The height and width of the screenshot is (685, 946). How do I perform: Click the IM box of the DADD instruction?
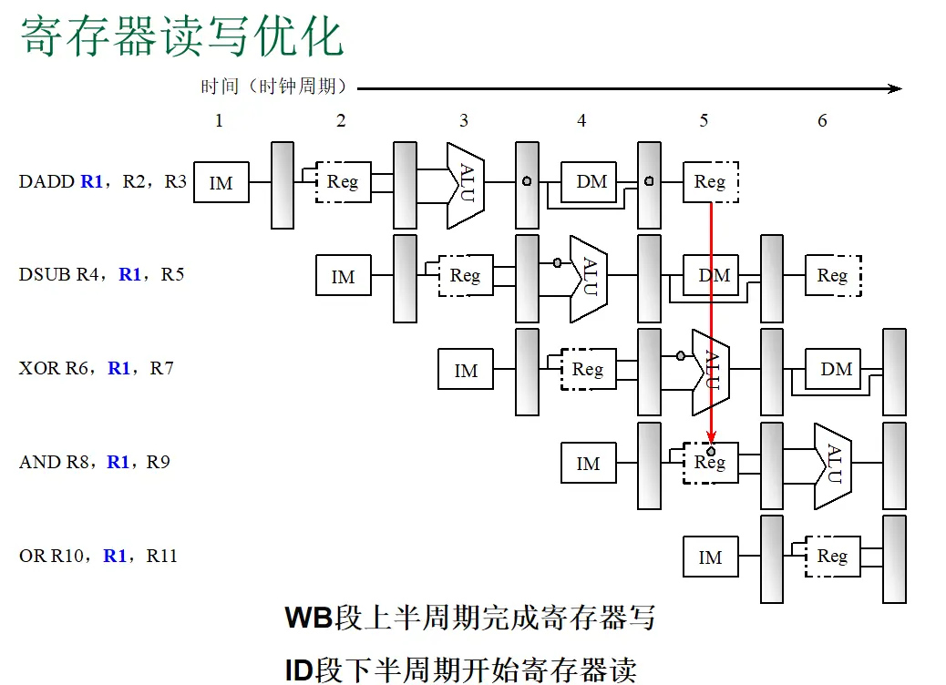[221, 182]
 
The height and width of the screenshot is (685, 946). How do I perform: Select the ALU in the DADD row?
[465, 186]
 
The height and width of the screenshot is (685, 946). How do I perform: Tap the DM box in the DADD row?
[589, 181]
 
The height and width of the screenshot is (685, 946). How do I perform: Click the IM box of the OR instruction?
[711, 557]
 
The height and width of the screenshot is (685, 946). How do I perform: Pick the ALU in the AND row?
[833, 466]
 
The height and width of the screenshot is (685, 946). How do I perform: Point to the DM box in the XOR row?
[833, 369]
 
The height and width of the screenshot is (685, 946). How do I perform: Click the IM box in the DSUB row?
[344, 275]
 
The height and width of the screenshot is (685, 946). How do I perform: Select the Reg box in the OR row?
[833, 556]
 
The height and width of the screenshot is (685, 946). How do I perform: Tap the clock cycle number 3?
[463, 120]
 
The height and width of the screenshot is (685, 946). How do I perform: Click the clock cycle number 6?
[822, 120]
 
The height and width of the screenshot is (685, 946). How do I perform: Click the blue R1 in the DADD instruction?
[92, 181]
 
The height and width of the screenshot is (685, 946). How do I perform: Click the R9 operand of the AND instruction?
[158, 462]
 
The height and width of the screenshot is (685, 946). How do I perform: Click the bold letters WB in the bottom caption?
[309, 618]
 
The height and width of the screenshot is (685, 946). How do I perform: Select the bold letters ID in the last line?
[299, 670]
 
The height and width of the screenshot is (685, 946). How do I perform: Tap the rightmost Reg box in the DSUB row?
[833, 276]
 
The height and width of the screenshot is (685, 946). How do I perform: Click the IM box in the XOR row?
[466, 369]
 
